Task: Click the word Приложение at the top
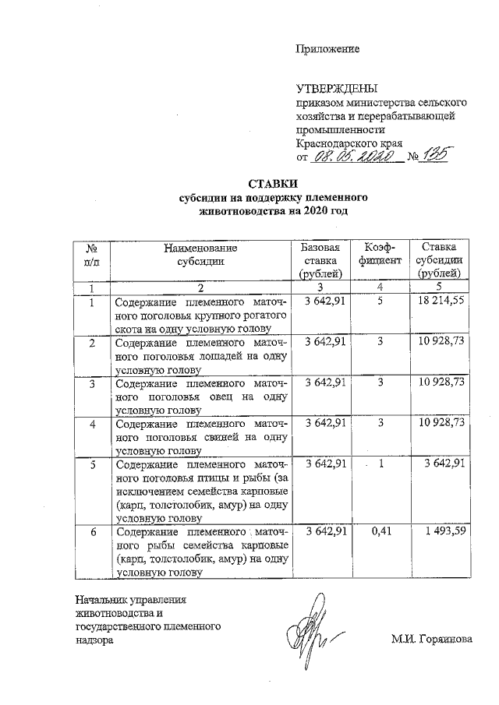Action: coord(327,49)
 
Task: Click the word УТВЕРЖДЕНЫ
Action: coord(328,88)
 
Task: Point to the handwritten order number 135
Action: coord(433,158)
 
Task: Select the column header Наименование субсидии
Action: coord(200,254)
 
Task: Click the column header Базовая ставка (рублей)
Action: coord(320,260)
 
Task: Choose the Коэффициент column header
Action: coord(377,254)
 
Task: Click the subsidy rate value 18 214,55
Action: coord(439,301)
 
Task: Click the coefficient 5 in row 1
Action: coord(378,301)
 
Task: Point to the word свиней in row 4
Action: coord(225,439)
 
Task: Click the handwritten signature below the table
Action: coord(316,628)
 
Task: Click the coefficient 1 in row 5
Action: coord(381,465)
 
